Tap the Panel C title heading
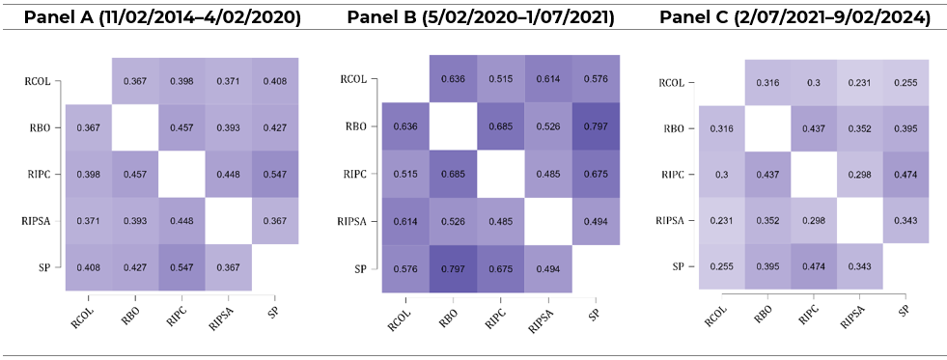pos(794,17)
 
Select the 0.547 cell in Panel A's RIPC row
pos(275,173)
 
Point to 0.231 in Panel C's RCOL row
pos(858,82)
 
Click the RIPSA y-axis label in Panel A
pos(41,221)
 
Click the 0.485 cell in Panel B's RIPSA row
pos(499,220)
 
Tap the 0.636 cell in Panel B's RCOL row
pos(452,79)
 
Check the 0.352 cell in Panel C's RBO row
pos(858,128)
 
